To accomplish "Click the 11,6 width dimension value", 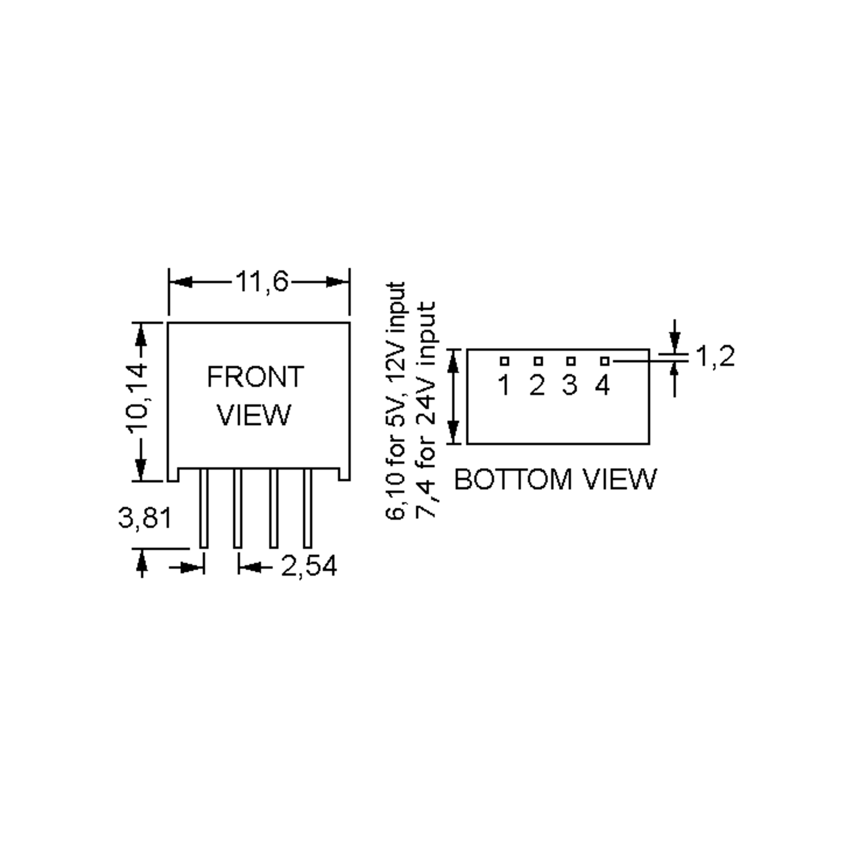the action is pos(262,281).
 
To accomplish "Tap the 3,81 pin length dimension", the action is pos(144,517).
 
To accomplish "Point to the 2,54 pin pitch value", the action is pos(309,566).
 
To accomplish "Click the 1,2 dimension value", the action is pos(715,357).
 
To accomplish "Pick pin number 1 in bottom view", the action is pos(504,385).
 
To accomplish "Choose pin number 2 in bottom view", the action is pos(537,385).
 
